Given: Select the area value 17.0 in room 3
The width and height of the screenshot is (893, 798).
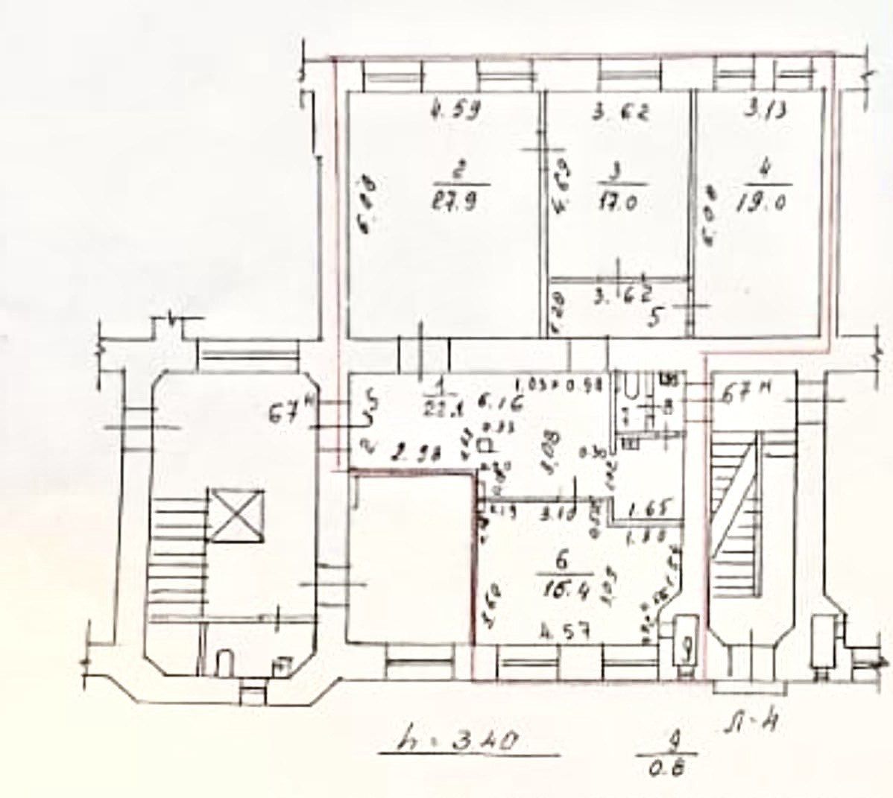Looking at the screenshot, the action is [x=616, y=203].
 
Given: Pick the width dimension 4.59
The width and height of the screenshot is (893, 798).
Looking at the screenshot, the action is [x=455, y=113].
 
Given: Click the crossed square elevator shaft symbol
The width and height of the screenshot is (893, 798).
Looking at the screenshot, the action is [x=236, y=514].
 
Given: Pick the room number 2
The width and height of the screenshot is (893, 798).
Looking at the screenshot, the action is [x=459, y=171].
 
